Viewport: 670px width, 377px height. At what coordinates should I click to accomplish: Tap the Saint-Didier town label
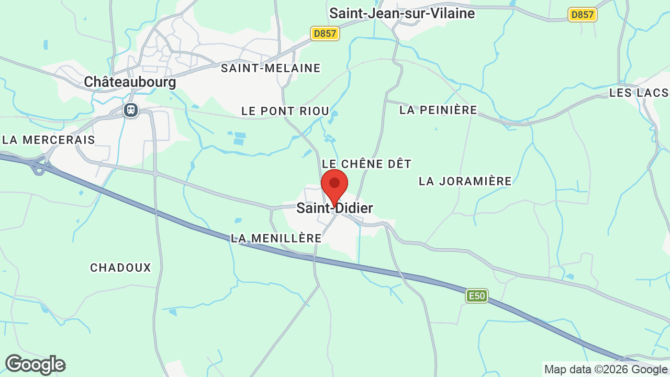tap(334, 208)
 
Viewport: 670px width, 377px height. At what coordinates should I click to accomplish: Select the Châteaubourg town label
tap(130, 82)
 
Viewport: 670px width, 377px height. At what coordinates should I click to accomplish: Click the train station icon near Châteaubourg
tap(130, 110)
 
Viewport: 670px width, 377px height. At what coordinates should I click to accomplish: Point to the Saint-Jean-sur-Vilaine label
tap(402, 13)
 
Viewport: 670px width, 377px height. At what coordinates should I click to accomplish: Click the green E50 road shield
tap(477, 296)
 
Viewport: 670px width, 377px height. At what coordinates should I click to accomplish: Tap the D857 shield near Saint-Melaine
tap(325, 34)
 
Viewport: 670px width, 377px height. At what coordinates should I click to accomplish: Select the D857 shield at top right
tap(583, 15)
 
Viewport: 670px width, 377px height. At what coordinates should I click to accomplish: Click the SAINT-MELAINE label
tap(271, 68)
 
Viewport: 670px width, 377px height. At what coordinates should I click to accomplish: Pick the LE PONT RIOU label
tap(285, 111)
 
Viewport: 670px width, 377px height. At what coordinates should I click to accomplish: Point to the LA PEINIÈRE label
tap(438, 110)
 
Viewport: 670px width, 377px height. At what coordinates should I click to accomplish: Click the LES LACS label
tap(639, 93)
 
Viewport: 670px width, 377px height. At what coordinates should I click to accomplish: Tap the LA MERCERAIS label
tap(49, 140)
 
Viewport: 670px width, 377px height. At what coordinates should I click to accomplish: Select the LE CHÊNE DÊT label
tap(367, 164)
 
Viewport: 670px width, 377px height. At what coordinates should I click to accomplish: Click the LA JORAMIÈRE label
tap(465, 181)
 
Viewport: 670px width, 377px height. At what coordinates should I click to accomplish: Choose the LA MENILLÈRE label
tap(276, 238)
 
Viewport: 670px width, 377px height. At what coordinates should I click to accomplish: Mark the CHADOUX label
tap(120, 268)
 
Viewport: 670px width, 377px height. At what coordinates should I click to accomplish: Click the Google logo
tap(35, 364)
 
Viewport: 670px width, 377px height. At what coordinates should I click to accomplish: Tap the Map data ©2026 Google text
tap(606, 369)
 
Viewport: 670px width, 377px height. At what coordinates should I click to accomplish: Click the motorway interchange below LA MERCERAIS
tap(38, 166)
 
